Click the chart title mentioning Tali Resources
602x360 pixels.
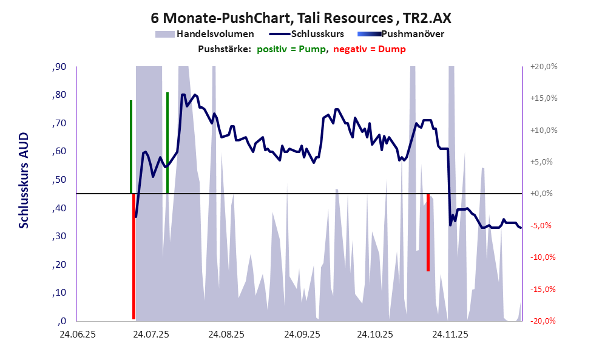pos(301,18)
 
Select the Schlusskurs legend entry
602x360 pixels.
pos(318,34)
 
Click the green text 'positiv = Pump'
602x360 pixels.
pos(291,49)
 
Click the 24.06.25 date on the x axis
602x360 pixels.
pos(77,334)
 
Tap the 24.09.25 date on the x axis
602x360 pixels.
pos(301,334)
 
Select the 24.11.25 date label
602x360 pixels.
pos(449,334)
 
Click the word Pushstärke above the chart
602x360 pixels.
pos(224,49)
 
